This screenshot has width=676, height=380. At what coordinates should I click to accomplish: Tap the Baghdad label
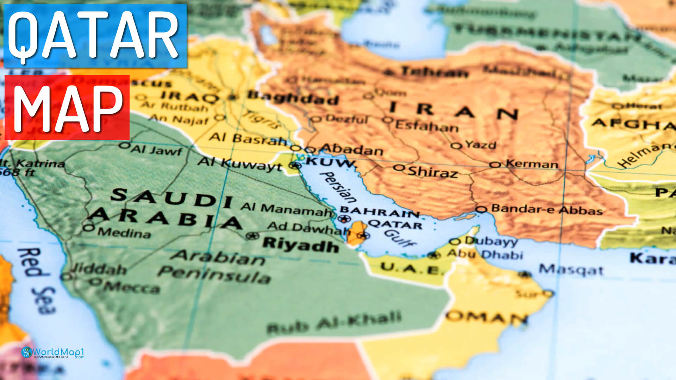pyautogui.click(x=292, y=97)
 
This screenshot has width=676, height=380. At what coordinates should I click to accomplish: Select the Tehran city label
pyautogui.click(x=434, y=72)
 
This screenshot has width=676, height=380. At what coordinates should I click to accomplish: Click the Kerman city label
pyautogui.click(x=532, y=164)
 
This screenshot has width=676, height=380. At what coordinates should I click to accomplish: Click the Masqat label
pyautogui.click(x=571, y=270)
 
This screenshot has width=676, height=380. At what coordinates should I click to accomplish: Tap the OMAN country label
pyautogui.click(x=486, y=317)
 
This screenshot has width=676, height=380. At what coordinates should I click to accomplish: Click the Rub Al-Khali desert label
pyautogui.click(x=334, y=322)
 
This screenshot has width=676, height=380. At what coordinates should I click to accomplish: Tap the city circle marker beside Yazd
pyautogui.click(x=456, y=145)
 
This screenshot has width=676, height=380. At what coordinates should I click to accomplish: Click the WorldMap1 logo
pyautogui.click(x=53, y=353)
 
